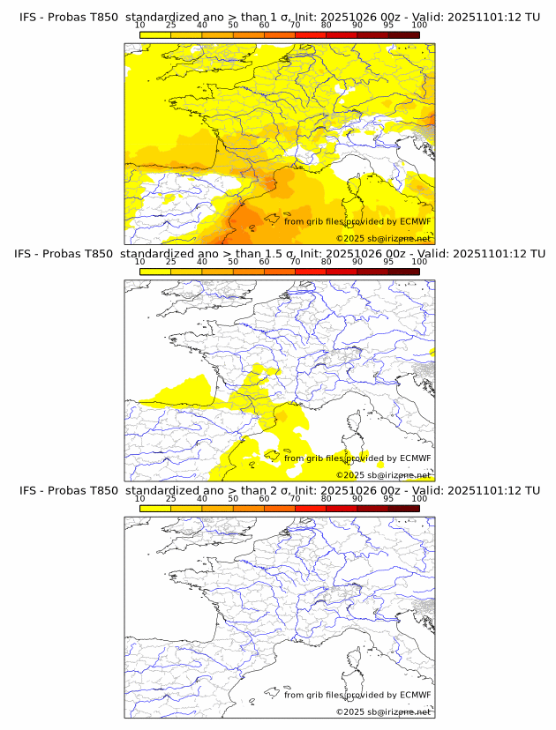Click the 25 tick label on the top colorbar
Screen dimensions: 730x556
171,25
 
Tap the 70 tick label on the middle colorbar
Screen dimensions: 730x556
295,262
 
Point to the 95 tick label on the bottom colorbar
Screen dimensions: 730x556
388,499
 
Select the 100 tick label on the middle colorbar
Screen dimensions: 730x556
419,262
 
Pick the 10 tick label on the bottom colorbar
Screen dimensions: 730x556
139,499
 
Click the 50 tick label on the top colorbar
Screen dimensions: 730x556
233,25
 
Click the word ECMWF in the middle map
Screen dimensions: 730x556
415,458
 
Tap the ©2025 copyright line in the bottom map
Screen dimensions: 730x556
383,711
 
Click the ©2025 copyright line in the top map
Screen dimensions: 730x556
383,238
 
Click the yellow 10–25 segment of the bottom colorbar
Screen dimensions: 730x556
155,509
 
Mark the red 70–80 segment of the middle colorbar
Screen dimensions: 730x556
310,272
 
